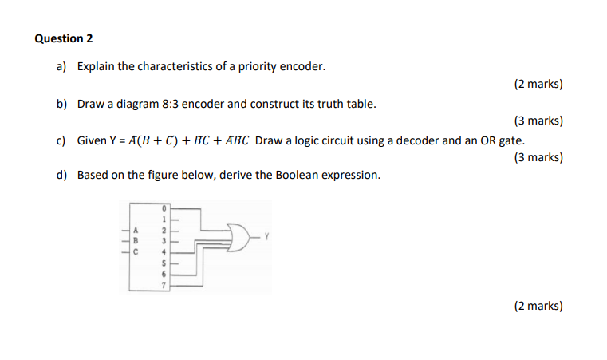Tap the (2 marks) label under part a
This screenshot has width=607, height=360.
538,84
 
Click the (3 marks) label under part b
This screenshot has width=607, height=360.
538,121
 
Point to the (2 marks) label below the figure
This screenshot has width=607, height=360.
538,305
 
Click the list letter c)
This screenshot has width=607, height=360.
61,140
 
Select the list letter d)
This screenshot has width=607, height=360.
61,175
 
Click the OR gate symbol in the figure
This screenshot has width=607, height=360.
237,237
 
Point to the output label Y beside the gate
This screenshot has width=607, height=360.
268,236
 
